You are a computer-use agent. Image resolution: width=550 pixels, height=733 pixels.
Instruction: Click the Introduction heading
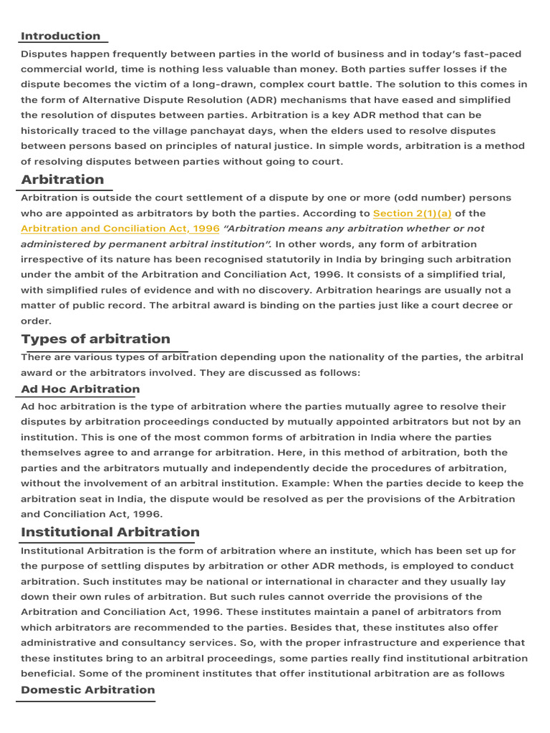(61, 36)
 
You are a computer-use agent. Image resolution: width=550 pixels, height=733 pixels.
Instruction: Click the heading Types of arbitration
(96, 339)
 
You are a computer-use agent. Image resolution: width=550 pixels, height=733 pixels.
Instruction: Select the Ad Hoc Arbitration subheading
(80, 389)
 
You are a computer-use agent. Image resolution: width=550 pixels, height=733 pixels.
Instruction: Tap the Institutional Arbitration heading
(110, 532)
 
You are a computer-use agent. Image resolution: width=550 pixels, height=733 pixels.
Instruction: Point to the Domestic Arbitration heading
(88, 689)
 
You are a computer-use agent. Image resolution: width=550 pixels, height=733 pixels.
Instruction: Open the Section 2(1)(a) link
(412, 213)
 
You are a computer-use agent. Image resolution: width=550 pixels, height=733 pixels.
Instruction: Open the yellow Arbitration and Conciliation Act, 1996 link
(120, 228)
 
